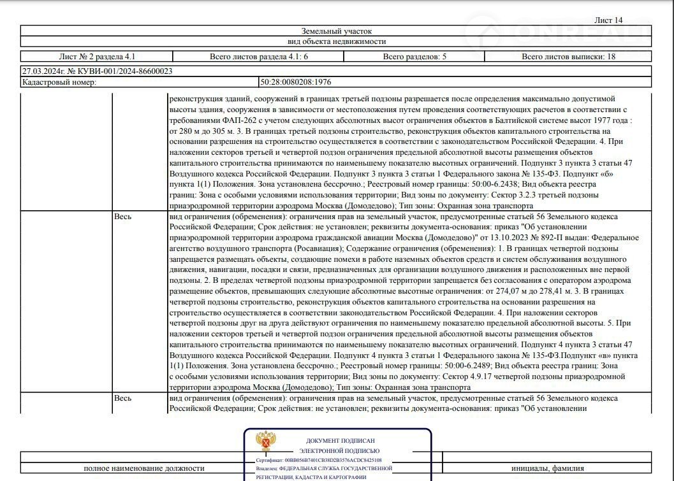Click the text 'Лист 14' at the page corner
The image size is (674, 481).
[608, 20]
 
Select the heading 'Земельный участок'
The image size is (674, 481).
[337, 31]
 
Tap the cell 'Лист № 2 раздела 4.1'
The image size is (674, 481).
[97, 57]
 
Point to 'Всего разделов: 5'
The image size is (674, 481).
[414, 57]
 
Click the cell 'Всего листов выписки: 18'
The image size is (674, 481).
[568, 57]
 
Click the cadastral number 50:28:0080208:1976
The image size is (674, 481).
[295, 82]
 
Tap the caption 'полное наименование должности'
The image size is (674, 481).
[144, 468]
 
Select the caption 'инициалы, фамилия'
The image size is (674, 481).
[547, 468]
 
